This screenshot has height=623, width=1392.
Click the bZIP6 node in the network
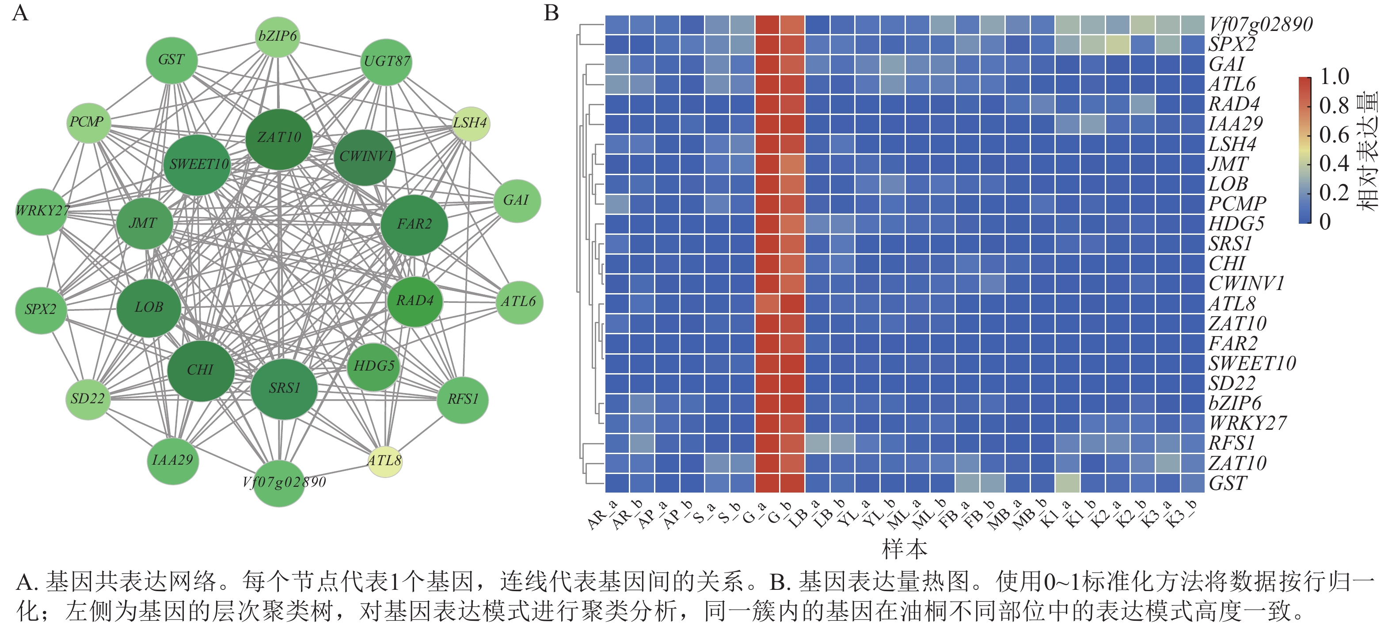(277, 36)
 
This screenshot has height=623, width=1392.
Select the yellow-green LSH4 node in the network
(471, 123)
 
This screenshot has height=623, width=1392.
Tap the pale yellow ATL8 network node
(385, 461)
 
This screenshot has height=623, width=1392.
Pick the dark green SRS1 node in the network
(284, 388)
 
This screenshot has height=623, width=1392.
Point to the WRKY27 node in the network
(42, 211)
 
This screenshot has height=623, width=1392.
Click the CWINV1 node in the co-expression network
(365, 157)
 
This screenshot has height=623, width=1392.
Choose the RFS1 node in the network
(463, 400)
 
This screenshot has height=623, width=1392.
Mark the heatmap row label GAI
(1226, 65)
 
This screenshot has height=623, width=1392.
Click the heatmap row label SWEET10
(1251, 363)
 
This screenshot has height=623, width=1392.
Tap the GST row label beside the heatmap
(1228, 483)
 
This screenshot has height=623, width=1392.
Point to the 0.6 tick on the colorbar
(1334, 135)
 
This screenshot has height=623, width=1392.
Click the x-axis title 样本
(904, 549)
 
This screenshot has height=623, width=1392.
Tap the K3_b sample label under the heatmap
(1181, 516)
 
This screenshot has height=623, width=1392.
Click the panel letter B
(551, 13)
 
